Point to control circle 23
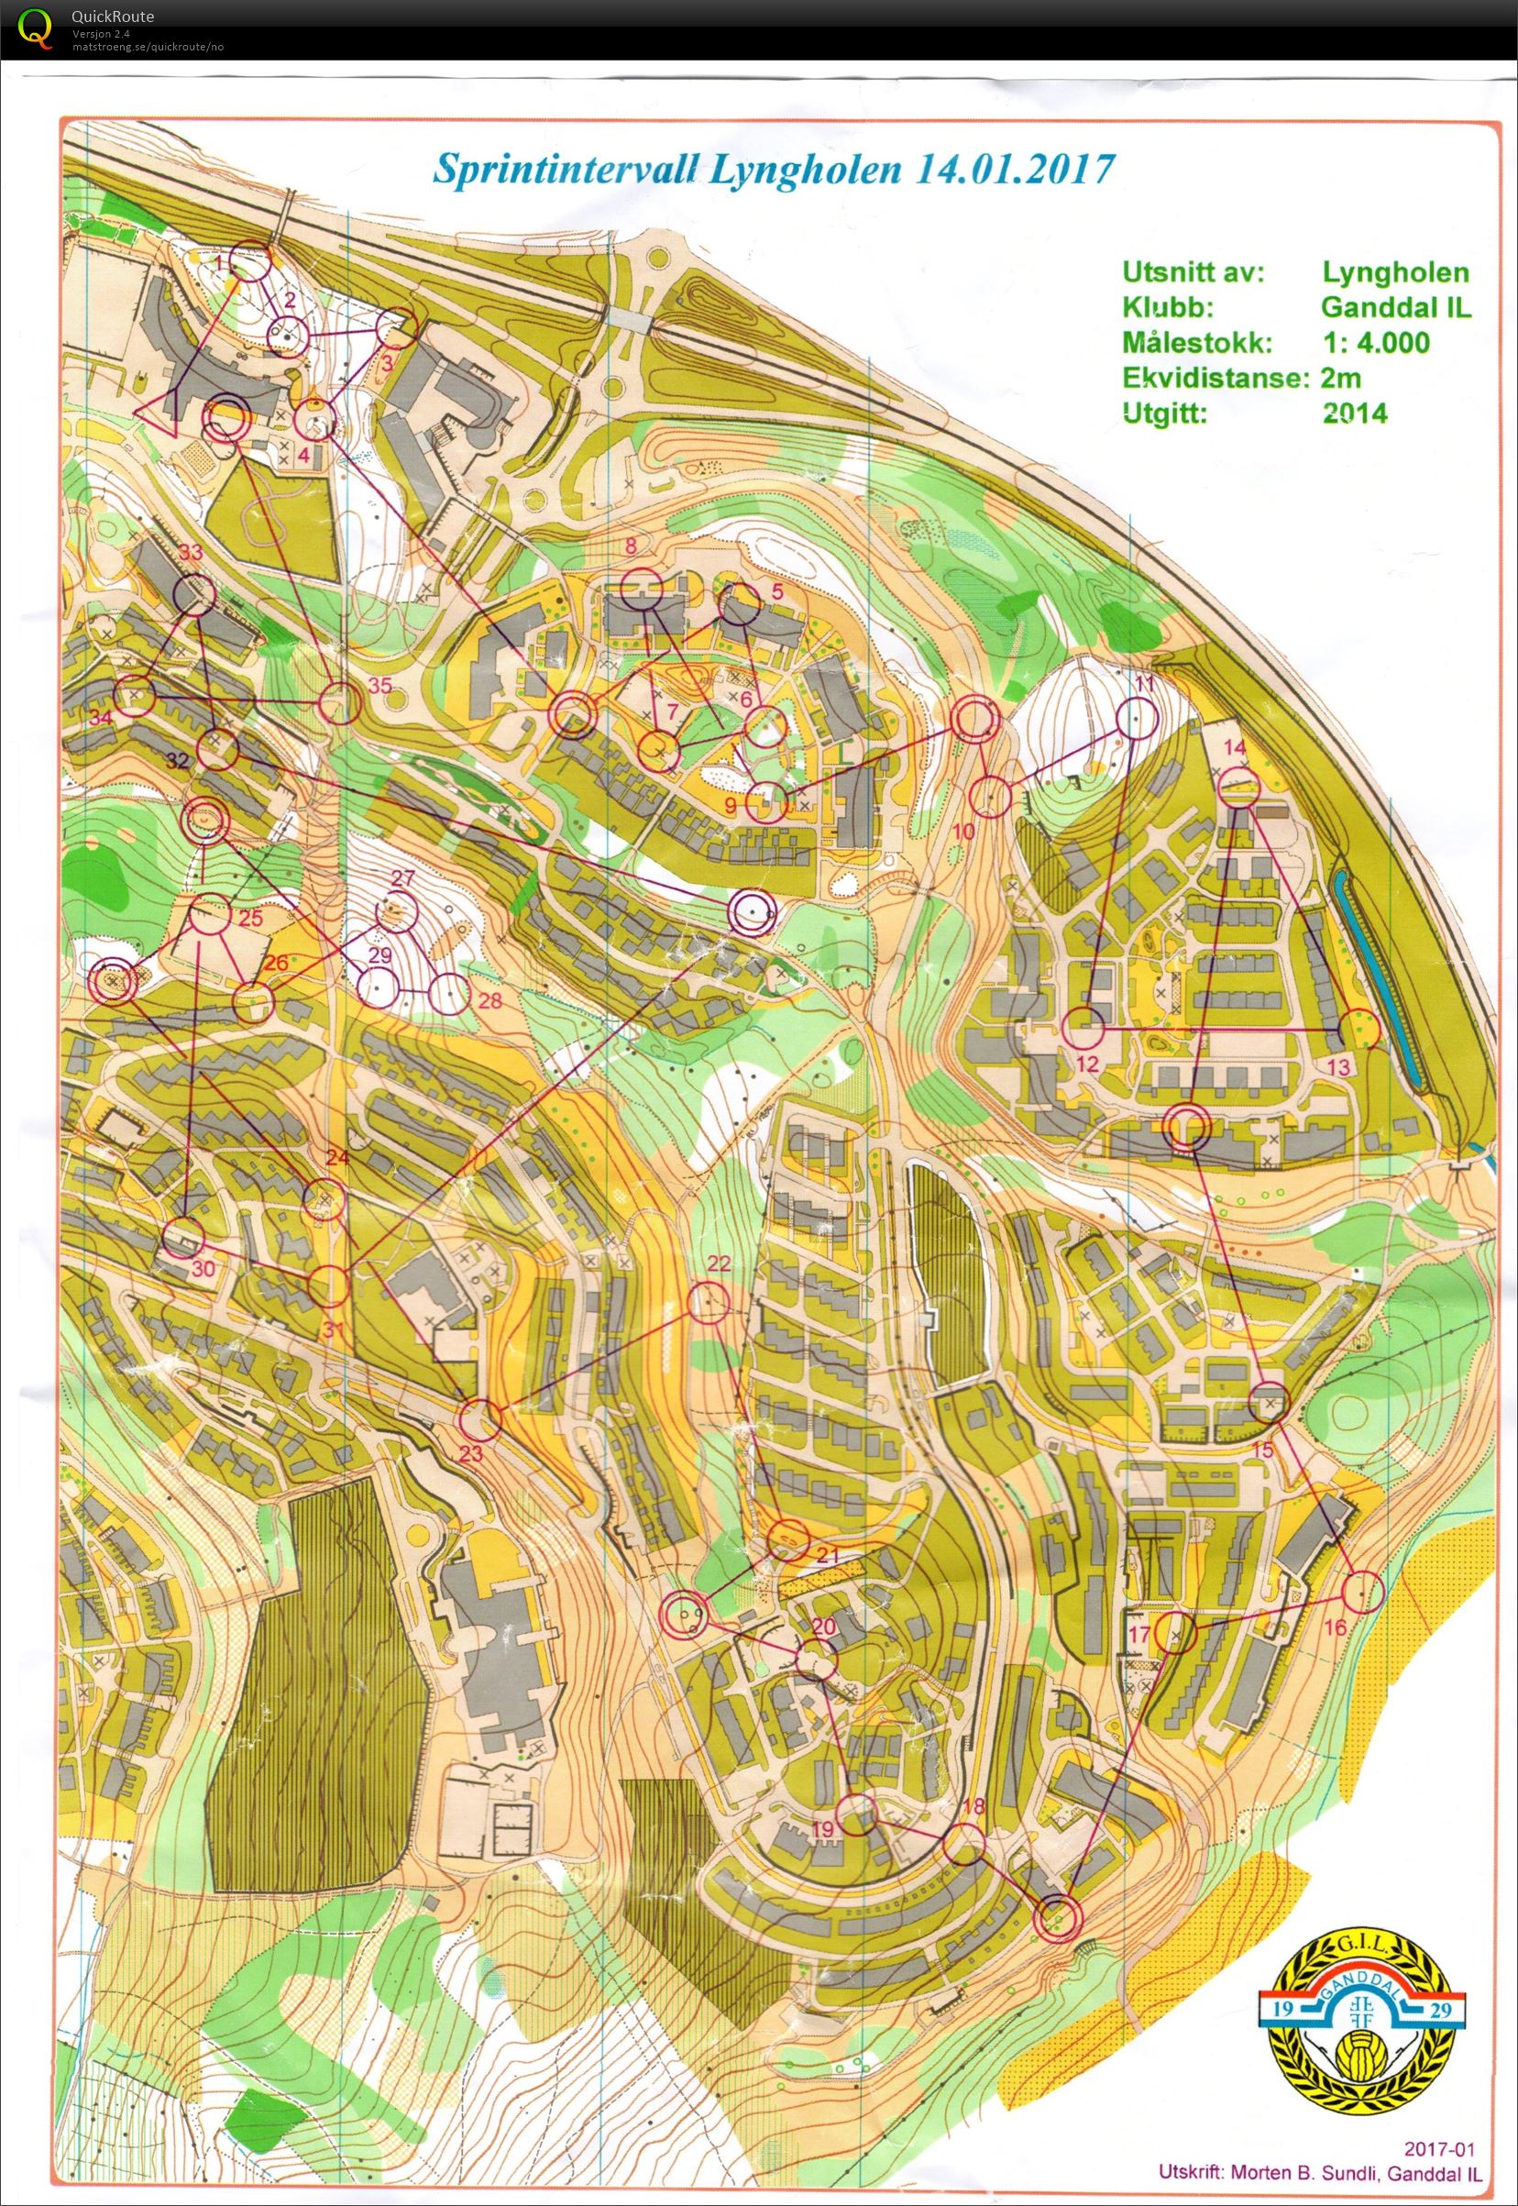(480, 1420)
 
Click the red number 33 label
(192, 553)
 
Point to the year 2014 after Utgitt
(1355, 412)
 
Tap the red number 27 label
(402, 877)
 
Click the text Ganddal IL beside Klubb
(1395, 307)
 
